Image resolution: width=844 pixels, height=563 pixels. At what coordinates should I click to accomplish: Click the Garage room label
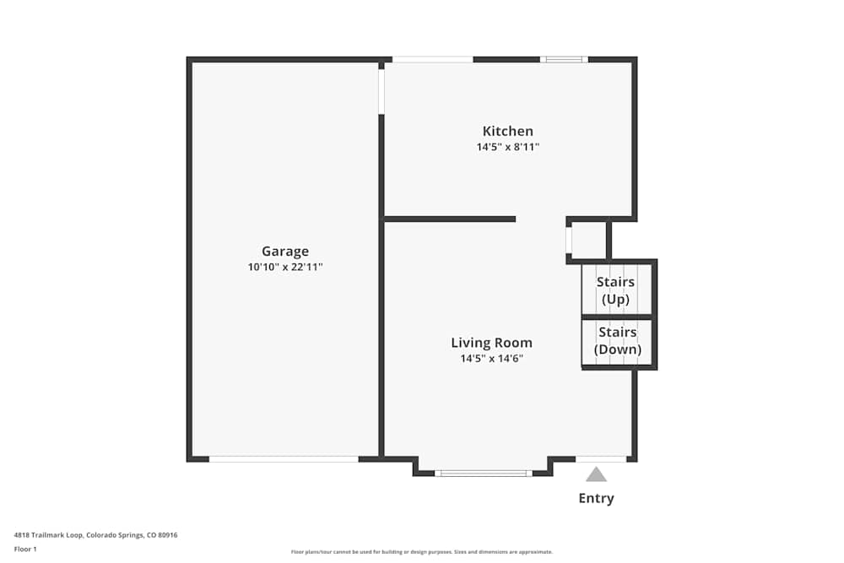point(285,251)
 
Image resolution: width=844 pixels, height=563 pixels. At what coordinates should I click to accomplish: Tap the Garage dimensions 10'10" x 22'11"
point(285,267)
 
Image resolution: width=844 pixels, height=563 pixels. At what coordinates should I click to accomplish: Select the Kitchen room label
point(507,131)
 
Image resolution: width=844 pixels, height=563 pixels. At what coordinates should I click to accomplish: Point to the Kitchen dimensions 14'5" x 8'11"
point(507,147)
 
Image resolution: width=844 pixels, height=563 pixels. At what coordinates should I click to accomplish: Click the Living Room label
point(491,343)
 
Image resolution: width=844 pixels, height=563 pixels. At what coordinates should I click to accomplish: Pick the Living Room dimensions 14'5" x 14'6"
point(491,358)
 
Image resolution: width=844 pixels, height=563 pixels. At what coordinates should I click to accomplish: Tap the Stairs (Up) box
point(616,290)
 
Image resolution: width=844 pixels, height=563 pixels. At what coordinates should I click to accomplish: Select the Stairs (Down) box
point(617,342)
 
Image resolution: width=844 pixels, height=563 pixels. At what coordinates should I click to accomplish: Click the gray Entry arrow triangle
point(597,475)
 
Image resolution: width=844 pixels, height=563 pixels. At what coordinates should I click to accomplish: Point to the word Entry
point(596,498)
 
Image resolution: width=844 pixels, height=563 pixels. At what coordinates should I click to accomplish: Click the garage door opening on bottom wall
point(284,459)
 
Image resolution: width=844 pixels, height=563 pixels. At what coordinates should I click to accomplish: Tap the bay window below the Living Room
point(483,474)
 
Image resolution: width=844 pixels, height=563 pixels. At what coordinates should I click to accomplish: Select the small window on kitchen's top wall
point(564,60)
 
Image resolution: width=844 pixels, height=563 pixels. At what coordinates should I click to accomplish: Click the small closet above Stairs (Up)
point(588,240)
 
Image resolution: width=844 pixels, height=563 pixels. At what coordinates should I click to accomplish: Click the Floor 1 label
point(25,549)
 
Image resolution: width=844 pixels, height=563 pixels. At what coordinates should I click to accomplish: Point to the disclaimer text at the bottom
point(422,552)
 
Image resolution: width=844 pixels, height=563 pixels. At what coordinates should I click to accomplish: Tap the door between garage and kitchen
point(381,91)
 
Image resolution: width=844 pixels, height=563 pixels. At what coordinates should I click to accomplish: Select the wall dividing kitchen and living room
point(450,219)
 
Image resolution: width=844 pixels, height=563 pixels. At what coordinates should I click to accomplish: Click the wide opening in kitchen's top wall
point(432,60)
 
